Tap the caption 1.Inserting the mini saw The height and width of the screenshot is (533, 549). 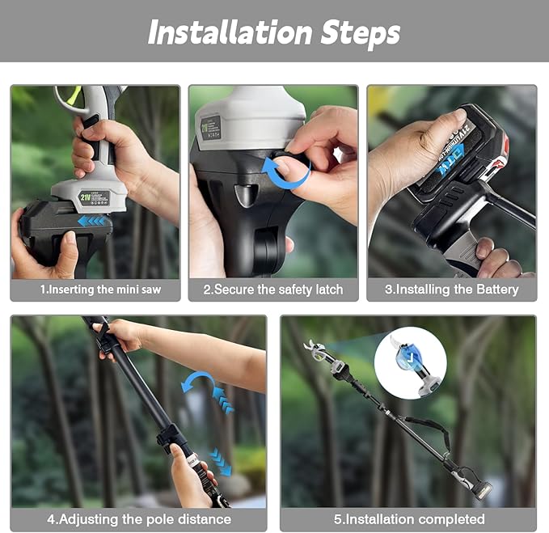coord(95,290)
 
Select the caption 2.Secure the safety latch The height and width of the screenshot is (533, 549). coord(273,290)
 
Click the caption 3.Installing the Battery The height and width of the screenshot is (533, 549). coord(451,290)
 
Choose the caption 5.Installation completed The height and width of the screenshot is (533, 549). coord(408,519)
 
